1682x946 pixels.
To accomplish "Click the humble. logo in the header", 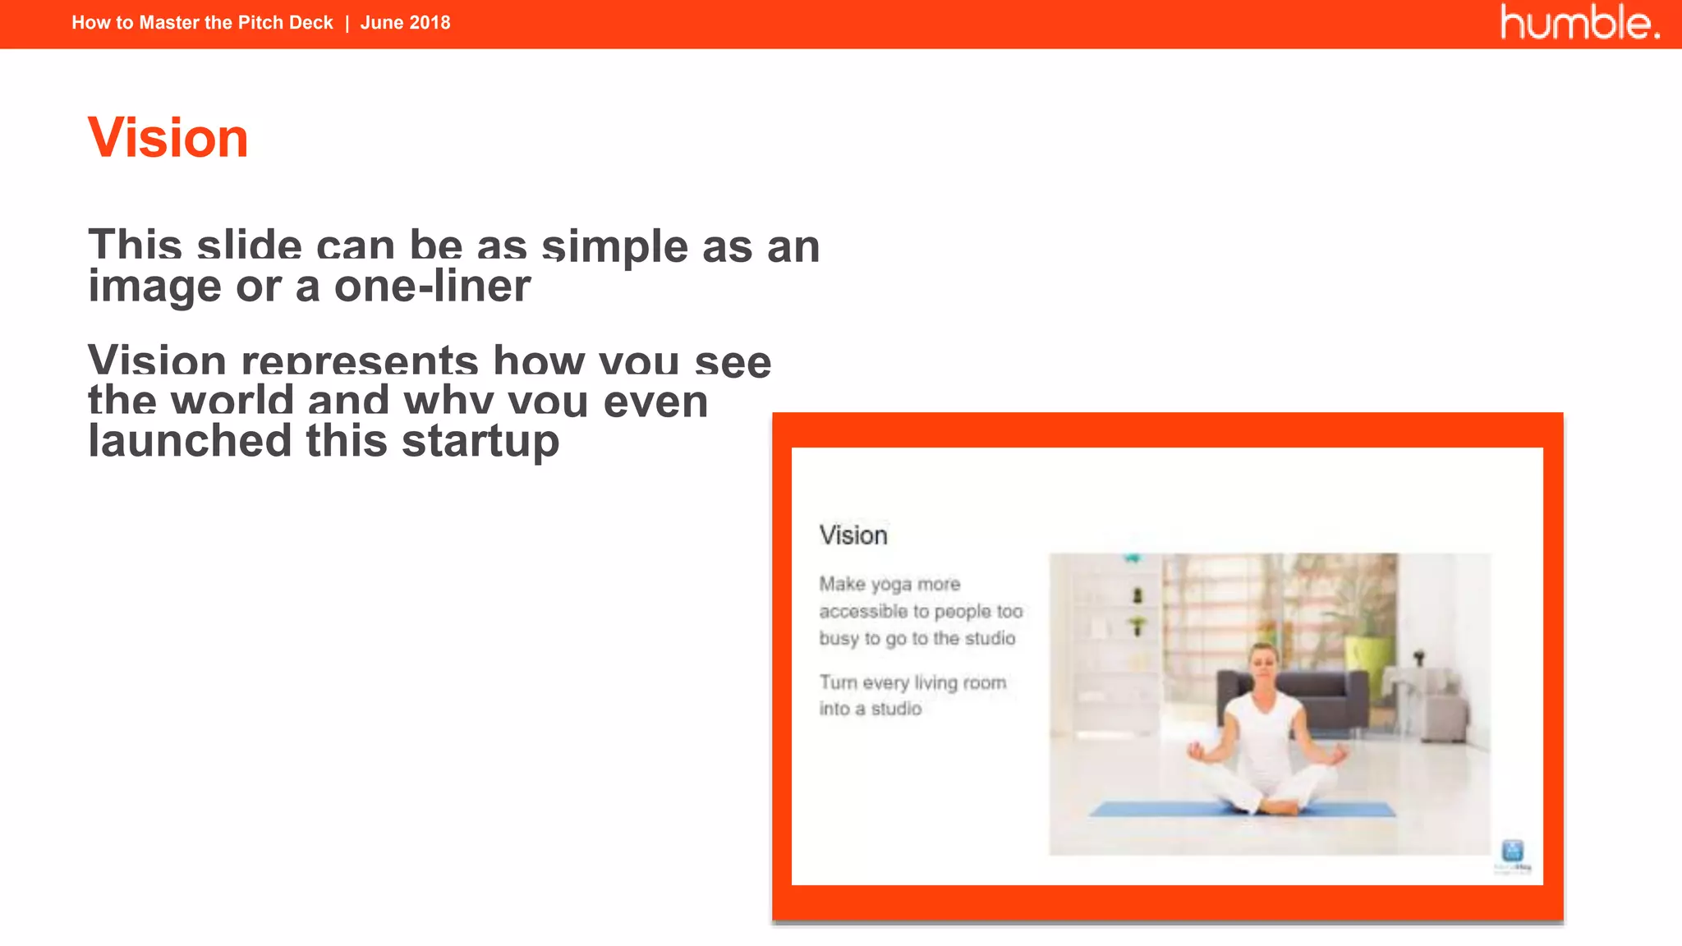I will pos(1579,23).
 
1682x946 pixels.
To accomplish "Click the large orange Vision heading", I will pos(168,138).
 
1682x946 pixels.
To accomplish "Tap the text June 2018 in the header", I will pos(405,23).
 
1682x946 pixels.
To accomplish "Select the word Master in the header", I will pos(169,23).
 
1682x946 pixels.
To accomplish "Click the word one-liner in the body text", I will pos(432,287).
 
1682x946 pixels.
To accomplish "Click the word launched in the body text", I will pos(190,441).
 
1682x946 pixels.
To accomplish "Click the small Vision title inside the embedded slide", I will pos(853,535).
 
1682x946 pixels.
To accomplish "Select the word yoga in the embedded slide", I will pos(890,585).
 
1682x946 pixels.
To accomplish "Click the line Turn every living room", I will pos(912,682).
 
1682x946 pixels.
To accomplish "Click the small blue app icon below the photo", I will pos(1512,851).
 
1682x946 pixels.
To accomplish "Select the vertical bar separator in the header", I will pos(347,23).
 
